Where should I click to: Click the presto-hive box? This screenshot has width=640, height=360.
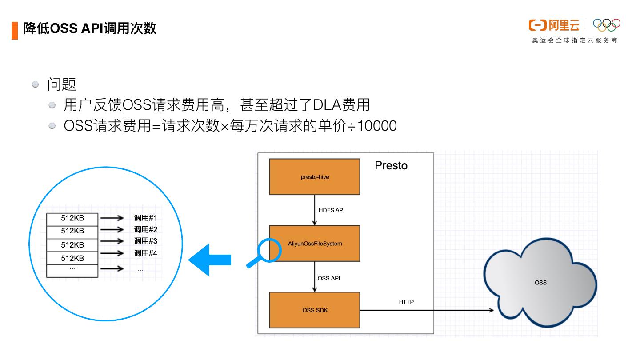(x=314, y=177)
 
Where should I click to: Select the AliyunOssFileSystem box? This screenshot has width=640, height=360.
(x=315, y=244)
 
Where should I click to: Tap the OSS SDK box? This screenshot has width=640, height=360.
(x=315, y=310)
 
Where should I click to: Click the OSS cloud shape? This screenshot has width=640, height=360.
(x=540, y=283)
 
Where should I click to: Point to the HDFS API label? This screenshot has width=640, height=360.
(x=332, y=210)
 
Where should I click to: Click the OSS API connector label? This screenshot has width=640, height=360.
(x=329, y=278)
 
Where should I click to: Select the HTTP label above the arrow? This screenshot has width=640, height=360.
(x=406, y=302)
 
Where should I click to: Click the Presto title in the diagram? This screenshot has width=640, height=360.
(x=391, y=165)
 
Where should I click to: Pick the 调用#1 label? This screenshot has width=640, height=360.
(x=145, y=218)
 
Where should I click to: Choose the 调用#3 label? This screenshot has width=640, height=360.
(x=145, y=241)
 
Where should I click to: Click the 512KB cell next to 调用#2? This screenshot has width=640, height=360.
(x=72, y=231)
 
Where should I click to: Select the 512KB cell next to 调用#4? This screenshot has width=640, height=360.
(x=72, y=258)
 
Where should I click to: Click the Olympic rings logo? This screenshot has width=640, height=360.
(x=607, y=25)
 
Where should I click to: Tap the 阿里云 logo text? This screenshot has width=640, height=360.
(x=564, y=25)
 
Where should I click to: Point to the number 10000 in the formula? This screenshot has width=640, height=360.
(x=377, y=126)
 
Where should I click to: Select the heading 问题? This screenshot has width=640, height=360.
(x=62, y=84)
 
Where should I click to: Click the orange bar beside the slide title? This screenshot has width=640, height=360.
(x=15, y=30)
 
